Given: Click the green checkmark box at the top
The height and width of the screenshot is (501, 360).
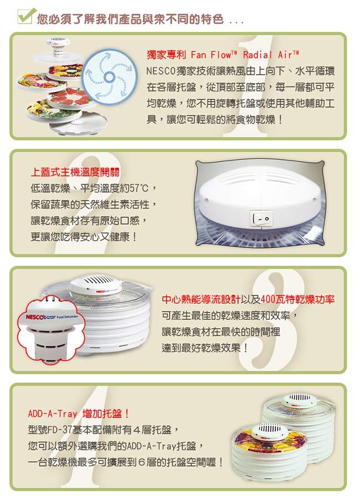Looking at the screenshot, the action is coord(24,16).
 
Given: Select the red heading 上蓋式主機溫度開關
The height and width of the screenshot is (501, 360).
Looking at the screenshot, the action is coord(75,172).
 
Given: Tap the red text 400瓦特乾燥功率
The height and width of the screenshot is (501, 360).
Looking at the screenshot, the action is coord(297,299).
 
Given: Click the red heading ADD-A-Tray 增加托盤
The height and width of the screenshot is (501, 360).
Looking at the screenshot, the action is coord(78,414).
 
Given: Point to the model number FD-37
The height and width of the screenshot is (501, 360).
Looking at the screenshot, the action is coord(60,430).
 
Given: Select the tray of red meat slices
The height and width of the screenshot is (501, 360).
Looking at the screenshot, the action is coord(72,97).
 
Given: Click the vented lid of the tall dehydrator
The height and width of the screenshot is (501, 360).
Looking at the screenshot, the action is coord(300,400).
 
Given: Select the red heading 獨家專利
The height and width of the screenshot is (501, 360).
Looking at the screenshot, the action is coord(166,55).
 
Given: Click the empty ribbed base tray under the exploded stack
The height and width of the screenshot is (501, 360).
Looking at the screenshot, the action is coord(79,123).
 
